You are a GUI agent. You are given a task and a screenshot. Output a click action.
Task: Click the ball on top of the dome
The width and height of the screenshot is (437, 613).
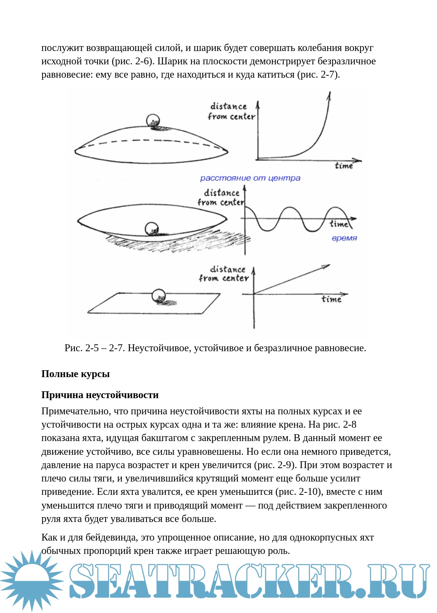153,121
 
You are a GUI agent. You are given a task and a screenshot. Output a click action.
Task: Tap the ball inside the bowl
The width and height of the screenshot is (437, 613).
152,229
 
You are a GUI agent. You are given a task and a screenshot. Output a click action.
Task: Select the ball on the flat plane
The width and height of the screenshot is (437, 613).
158,296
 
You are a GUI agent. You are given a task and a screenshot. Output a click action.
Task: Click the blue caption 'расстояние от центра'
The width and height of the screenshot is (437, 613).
250,178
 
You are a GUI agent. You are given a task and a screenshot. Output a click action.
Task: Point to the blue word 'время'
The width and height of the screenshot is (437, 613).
344,238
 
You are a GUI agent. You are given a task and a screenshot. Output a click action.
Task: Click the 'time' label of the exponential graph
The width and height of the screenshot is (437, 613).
344,165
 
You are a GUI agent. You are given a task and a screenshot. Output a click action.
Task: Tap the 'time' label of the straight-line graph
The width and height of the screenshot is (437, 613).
331,299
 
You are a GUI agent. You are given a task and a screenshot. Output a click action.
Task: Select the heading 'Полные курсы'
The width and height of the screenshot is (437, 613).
76,374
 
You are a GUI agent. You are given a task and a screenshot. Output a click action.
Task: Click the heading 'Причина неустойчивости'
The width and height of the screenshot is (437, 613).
100,395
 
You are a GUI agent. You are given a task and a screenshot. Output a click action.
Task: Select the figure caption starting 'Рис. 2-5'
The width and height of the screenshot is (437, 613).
215,348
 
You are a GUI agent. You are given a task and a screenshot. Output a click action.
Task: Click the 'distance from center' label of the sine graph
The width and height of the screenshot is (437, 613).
221,197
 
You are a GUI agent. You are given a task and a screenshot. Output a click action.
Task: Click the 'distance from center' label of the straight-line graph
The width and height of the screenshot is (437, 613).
224,274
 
